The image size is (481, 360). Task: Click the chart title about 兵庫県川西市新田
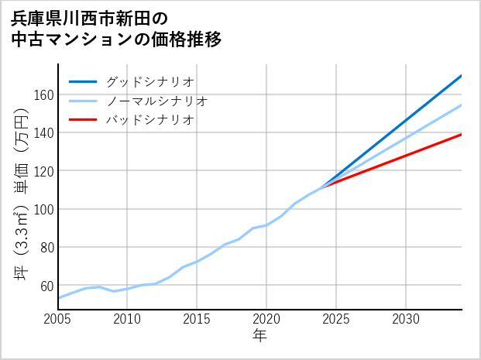(116, 29)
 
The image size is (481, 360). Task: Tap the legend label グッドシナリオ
(149, 81)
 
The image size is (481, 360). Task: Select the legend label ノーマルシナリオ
(156, 101)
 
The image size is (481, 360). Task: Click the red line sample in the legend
(83, 120)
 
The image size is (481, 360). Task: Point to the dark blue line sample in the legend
(83, 81)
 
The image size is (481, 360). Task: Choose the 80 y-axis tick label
(46, 248)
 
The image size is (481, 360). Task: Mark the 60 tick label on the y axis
(46, 286)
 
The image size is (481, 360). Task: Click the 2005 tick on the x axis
(58, 319)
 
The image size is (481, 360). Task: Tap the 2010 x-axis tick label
(127, 319)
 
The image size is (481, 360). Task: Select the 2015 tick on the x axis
(197, 319)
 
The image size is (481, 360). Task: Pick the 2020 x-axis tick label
(266, 319)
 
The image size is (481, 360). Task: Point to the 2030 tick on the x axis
(406, 319)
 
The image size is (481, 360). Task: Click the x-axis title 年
(259, 336)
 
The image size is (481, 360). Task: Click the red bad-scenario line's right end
(461, 135)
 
